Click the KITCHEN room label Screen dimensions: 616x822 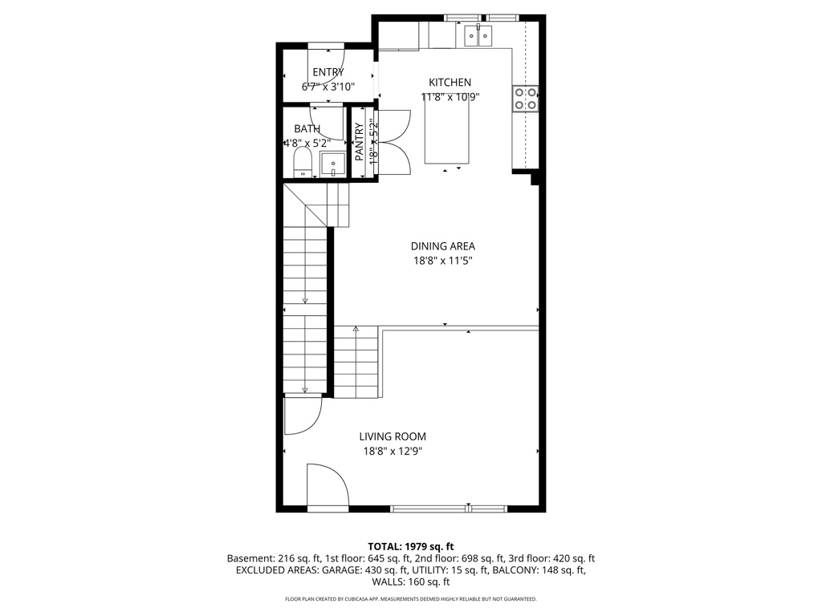(x=450, y=83)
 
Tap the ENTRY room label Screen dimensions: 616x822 (x=328, y=72)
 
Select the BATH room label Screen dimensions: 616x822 (x=307, y=128)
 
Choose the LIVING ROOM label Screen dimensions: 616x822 (x=392, y=436)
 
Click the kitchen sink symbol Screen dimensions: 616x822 (x=478, y=35)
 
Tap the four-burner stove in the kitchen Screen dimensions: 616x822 (x=526, y=98)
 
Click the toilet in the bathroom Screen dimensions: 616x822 (x=303, y=161)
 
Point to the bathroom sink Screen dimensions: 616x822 (x=332, y=165)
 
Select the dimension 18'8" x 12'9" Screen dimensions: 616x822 (x=392, y=451)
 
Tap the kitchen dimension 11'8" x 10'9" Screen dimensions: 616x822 (x=450, y=97)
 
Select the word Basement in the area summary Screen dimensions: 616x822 (x=250, y=558)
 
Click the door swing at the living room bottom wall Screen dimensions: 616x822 (x=328, y=486)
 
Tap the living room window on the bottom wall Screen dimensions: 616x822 (x=449, y=508)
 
